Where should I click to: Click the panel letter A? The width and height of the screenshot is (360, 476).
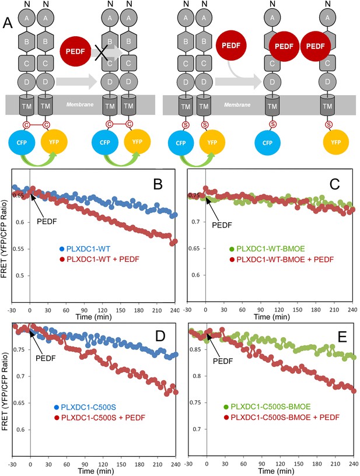[8, 23]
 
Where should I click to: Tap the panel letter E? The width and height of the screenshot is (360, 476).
[342, 337]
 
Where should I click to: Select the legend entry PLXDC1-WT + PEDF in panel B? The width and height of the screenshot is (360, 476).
[103, 259]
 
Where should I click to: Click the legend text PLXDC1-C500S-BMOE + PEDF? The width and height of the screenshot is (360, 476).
[285, 417]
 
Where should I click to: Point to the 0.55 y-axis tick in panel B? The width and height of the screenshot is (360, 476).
[18, 249]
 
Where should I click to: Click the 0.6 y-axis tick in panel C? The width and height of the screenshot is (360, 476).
[195, 275]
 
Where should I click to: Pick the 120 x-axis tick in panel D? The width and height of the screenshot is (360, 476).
[103, 464]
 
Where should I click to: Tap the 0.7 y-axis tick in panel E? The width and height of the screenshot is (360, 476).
[197, 429]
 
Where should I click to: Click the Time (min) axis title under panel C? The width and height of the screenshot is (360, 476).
[272, 317]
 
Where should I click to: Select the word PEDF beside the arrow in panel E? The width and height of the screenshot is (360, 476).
[223, 361]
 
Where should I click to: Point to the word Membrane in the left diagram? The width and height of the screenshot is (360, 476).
[80, 104]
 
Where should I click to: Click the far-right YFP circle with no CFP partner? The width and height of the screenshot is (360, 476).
[335, 142]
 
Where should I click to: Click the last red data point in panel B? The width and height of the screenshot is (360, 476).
[175, 242]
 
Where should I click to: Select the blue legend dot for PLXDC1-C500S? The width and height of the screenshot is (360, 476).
[57, 407]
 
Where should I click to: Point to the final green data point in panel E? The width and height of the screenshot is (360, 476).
[354, 358]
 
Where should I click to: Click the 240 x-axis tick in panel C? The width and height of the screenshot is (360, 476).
[352, 310]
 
